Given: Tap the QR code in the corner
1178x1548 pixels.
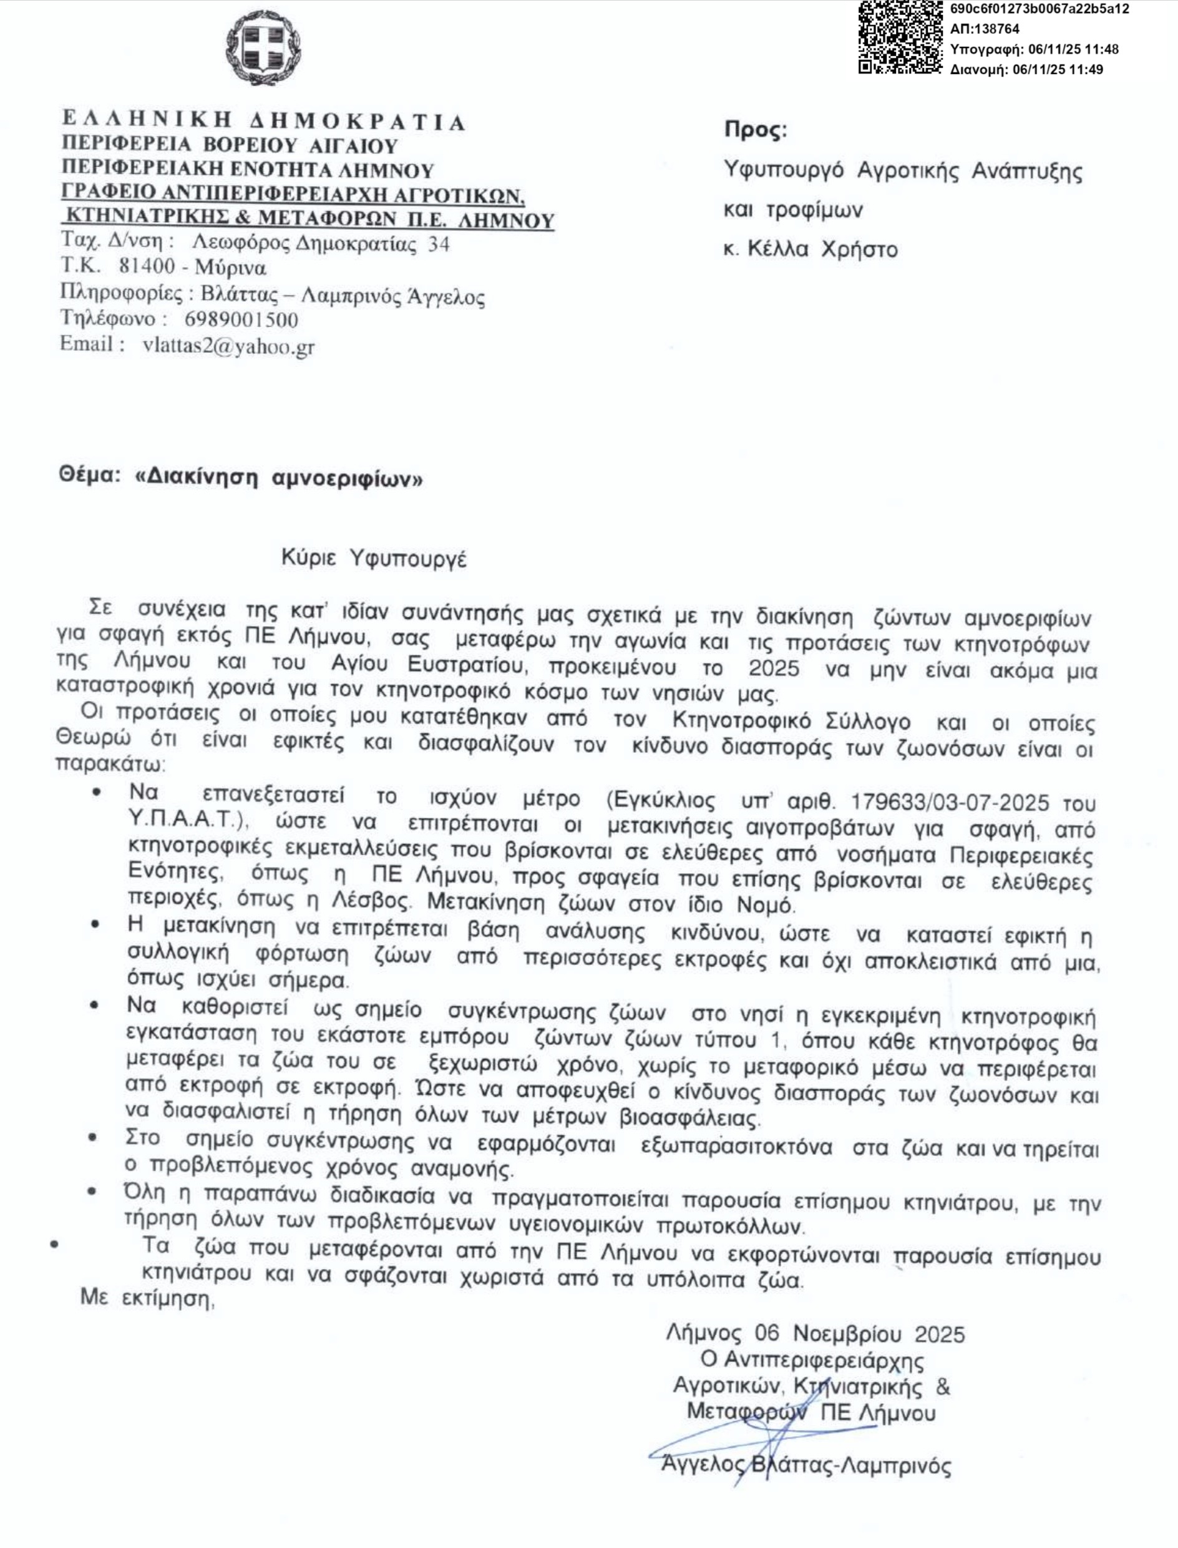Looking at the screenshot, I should pos(900,36).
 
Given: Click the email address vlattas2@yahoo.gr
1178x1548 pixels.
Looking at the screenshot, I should pos(228,346).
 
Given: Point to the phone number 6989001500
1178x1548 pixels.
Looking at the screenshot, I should pos(241,320).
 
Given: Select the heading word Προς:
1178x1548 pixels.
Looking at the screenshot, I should pos(756,130).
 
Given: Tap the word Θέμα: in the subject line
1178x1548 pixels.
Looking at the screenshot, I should pos(86,476).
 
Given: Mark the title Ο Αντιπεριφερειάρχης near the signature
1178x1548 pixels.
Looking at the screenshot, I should pos(812,1361).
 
